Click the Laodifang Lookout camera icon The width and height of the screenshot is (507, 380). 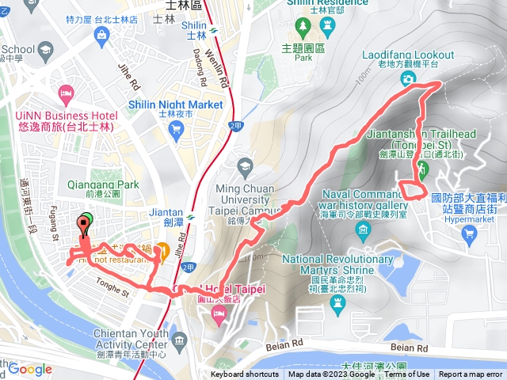coord(408,78)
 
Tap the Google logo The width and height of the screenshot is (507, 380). coord(30,369)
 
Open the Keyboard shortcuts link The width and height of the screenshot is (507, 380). coord(245,374)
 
